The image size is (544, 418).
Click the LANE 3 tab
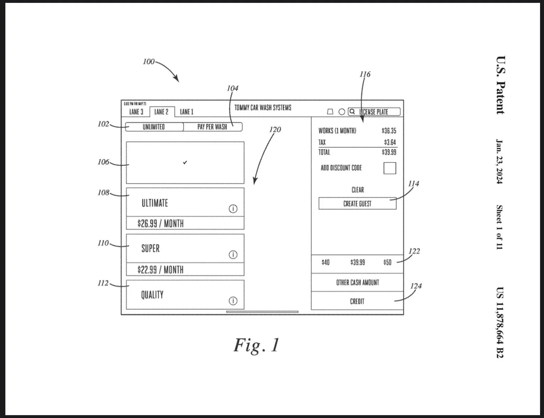point(136,112)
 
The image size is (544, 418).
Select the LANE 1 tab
point(186,112)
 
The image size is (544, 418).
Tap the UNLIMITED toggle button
point(154,127)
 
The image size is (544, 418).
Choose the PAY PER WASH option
point(212,127)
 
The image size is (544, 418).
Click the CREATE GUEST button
point(357,204)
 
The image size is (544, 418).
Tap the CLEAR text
point(358,190)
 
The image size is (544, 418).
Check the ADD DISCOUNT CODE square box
point(390,168)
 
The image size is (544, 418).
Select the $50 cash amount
point(387,262)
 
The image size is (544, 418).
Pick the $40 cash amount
point(326,262)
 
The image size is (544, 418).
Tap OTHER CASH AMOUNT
point(357,283)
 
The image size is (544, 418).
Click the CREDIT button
point(357,301)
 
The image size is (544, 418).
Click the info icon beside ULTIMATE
point(233,209)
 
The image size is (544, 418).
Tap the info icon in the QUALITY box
point(233,301)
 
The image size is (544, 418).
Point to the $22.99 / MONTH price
point(161,270)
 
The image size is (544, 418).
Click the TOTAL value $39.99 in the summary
point(389,152)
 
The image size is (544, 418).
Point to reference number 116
point(365,74)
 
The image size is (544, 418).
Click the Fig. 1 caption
point(256,345)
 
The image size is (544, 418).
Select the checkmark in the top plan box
point(185,162)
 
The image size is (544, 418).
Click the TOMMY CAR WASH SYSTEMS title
point(263,108)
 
